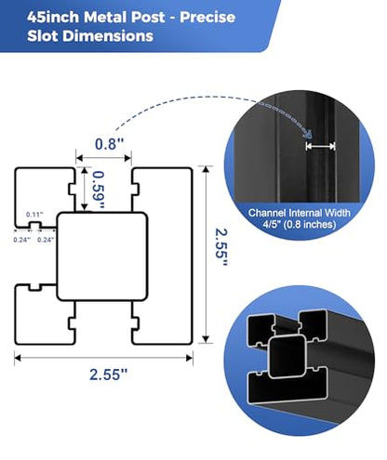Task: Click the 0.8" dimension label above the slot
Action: pos(109,144)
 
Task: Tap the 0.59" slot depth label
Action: pos(99,190)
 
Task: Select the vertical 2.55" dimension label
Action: pos(221,247)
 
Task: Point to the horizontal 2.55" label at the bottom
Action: pos(109,375)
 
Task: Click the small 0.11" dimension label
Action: pos(34,215)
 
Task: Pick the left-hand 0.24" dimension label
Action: pos(21,240)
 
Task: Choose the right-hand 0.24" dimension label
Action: pos(46,240)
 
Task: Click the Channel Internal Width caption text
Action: pos(299,213)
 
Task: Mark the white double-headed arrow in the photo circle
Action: pos(320,146)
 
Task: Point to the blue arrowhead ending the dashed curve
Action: pos(307,134)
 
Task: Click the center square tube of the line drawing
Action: pos(102,256)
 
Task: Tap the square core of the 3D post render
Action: pos(287,357)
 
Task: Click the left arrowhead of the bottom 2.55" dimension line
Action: pos(18,358)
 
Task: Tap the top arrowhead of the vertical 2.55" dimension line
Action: pos(206,170)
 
